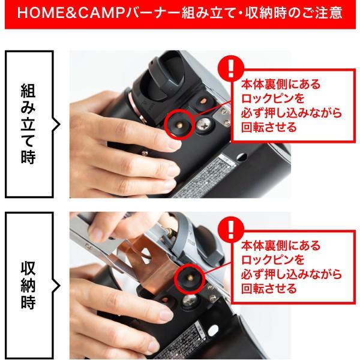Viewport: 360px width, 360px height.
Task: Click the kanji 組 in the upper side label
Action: coord(28,91)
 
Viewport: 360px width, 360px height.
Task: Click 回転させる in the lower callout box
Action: coord(268,289)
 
